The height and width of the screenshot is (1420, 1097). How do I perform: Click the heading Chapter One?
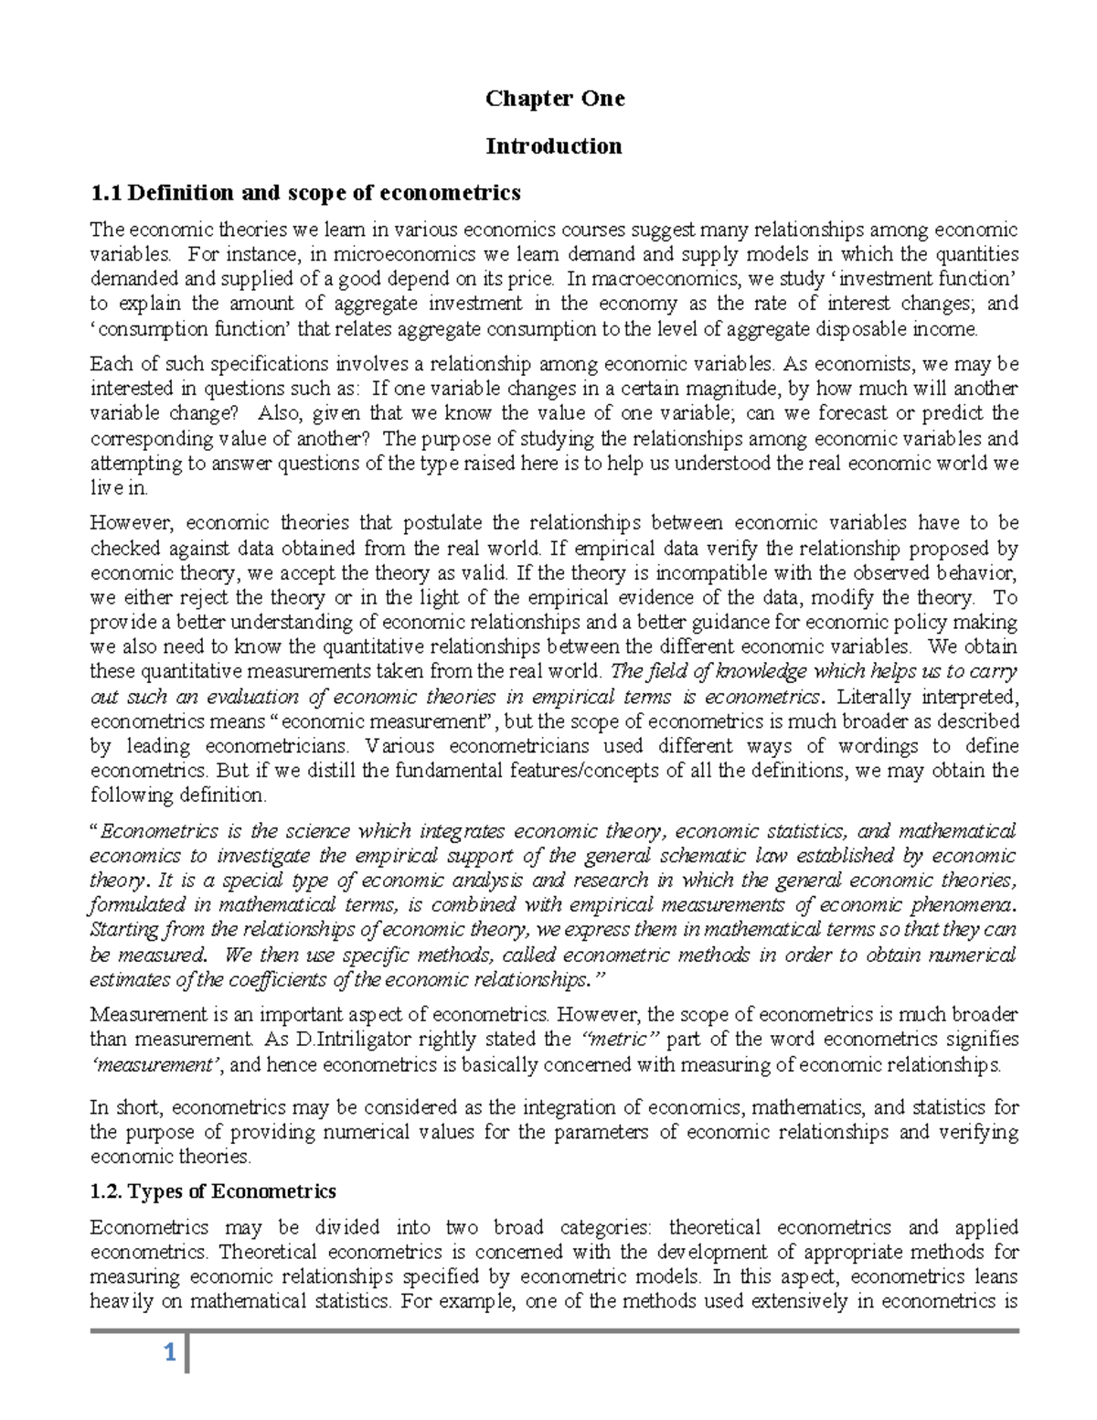click(554, 99)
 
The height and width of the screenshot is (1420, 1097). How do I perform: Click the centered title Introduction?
click(554, 146)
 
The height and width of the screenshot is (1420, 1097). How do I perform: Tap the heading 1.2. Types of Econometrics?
click(213, 1191)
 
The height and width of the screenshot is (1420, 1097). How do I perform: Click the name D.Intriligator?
click(353, 1040)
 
